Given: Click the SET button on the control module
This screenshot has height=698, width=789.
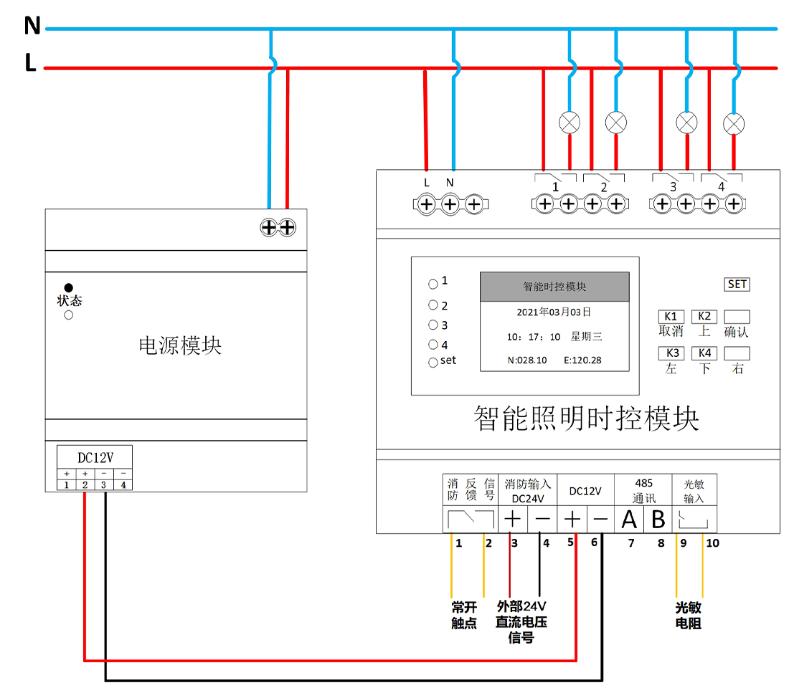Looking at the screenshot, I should (x=737, y=285).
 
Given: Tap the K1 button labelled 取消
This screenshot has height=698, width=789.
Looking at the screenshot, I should (x=671, y=317).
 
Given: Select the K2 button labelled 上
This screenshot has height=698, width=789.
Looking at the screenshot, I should (x=704, y=317).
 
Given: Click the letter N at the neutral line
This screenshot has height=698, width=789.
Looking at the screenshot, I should (x=32, y=27).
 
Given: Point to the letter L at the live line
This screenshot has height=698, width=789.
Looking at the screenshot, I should (x=30, y=64).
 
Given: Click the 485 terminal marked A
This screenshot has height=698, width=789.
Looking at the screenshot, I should (x=629, y=520).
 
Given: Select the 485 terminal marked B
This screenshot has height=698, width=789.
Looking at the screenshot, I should (x=658, y=520).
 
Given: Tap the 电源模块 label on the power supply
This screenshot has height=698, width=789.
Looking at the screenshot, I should (x=180, y=346).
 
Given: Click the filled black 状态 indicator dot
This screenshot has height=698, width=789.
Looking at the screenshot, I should (x=69, y=288).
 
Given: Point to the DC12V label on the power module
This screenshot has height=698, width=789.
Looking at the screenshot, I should (x=95, y=456).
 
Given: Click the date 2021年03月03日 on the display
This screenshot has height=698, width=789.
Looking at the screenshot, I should (x=554, y=312).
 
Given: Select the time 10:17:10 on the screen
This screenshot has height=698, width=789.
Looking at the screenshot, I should (x=534, y=337).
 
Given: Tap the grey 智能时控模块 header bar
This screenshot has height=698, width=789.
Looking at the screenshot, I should (x=554, y=287).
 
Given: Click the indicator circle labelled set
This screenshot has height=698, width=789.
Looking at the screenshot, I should (x=433, y=363).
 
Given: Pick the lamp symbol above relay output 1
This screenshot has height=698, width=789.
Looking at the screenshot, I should (x=570, y=123).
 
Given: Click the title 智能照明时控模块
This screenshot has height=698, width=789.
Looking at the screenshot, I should (x=586, y=419).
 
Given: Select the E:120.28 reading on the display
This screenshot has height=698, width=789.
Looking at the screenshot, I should (x=582, y=360).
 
